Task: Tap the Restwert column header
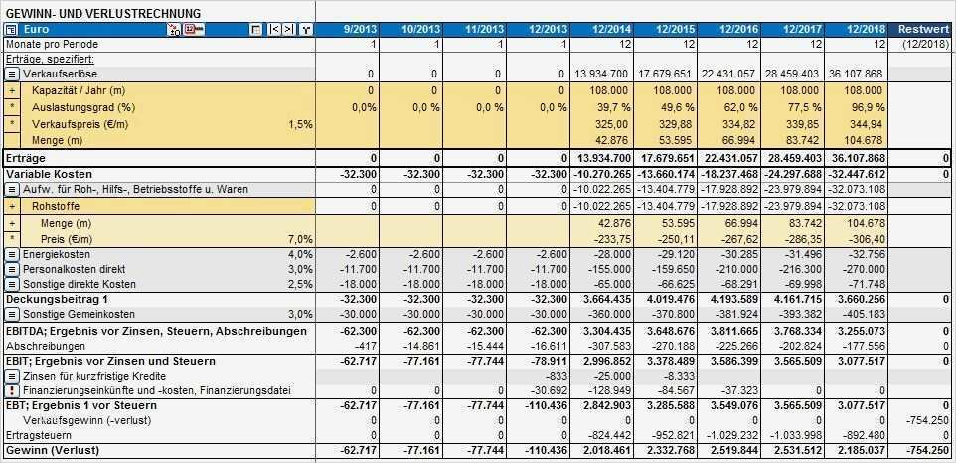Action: (x=923, y=30)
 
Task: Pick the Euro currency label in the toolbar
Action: (x=37, y=30)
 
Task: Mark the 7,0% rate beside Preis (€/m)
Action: (x=300, y=239)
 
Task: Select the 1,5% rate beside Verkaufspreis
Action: (x=300, y=124)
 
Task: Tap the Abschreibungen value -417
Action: (x=363, y=345)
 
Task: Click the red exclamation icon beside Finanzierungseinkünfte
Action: (x=11, y=391)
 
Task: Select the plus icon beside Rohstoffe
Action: (x=12, y=205)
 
